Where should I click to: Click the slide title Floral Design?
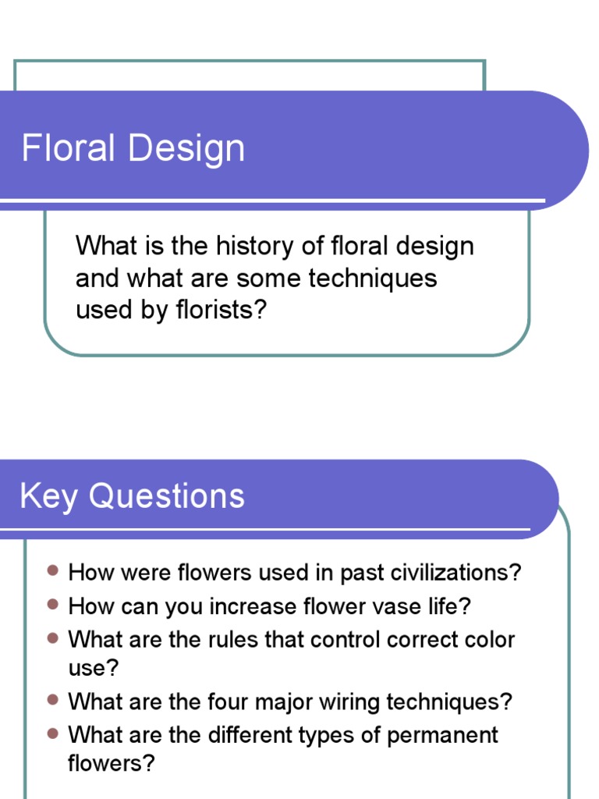[133, 148]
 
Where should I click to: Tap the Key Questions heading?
[132, 496]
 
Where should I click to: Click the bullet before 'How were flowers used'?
[52, 572]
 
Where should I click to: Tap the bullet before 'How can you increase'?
[52, 605]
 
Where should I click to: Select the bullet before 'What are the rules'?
[52, 639]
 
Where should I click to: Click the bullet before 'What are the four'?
[52, 701]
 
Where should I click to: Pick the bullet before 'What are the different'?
[52, 734]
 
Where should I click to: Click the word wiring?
[360, 701]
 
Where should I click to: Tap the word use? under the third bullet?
[87, 668]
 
